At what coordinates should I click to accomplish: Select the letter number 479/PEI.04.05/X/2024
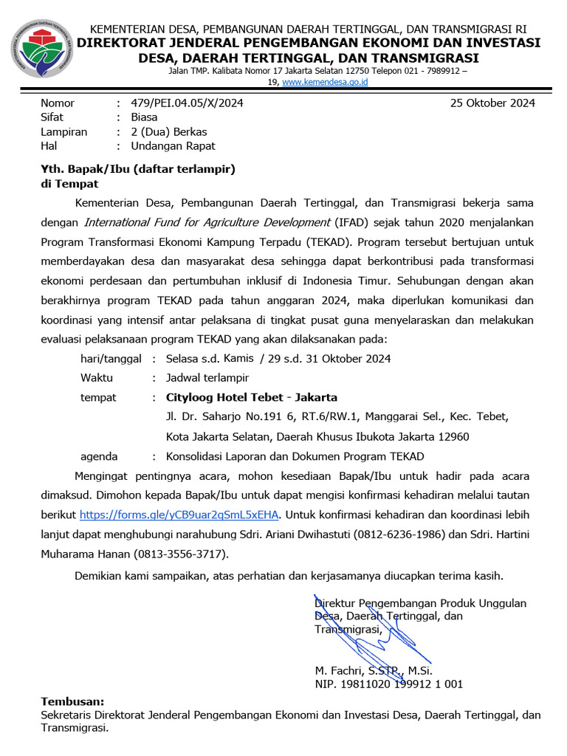187,103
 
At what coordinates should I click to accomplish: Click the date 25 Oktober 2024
492,103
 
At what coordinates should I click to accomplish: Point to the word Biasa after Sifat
144,117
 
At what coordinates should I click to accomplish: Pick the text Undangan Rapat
173,146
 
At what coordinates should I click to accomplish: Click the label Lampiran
63,132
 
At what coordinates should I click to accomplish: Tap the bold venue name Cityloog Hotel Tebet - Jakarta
252,397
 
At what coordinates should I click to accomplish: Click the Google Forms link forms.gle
179,515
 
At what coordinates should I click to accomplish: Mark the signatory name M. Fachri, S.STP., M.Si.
374,671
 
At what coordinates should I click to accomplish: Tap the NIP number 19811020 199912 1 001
389,684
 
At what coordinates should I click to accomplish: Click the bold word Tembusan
72,701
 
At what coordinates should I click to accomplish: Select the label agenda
99,456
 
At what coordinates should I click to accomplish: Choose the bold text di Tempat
69,184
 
